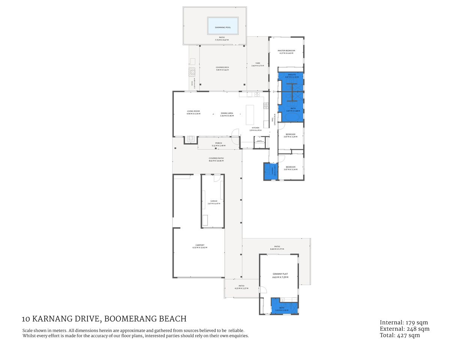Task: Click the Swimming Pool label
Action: click(223, 27)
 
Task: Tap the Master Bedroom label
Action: click(286, 51)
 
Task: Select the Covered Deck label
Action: click(222, 67)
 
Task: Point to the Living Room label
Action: click(193, 111)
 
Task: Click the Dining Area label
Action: click(227, 113)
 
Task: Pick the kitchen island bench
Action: click(250, 114)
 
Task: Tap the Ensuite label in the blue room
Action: click(292, 75)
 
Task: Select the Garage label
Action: click(213, 201)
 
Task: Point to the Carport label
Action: click(200, 245)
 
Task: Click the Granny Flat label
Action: click(280, 274)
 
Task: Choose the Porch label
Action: click(218, 143)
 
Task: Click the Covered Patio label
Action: click(216, 158)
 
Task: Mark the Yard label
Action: click(257, 63)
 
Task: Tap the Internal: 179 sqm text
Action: click(404, 322)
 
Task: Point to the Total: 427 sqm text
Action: click(400, 335)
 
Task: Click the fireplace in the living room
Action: click(191, 139)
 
